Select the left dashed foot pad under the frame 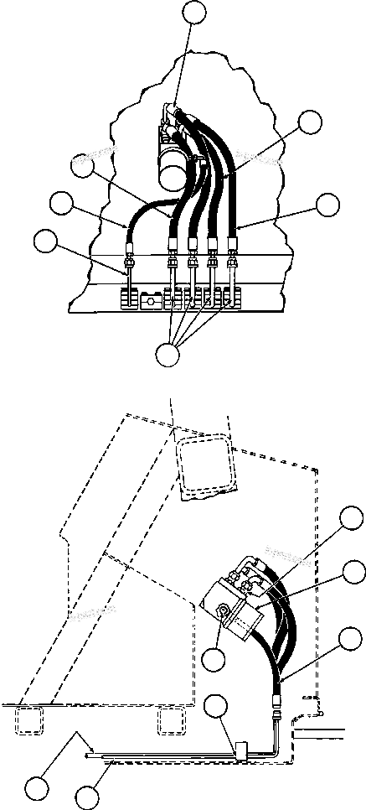[x=32, y=719]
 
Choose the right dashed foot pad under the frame [x=171, y=719]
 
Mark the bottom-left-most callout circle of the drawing [x=37, y=787]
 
